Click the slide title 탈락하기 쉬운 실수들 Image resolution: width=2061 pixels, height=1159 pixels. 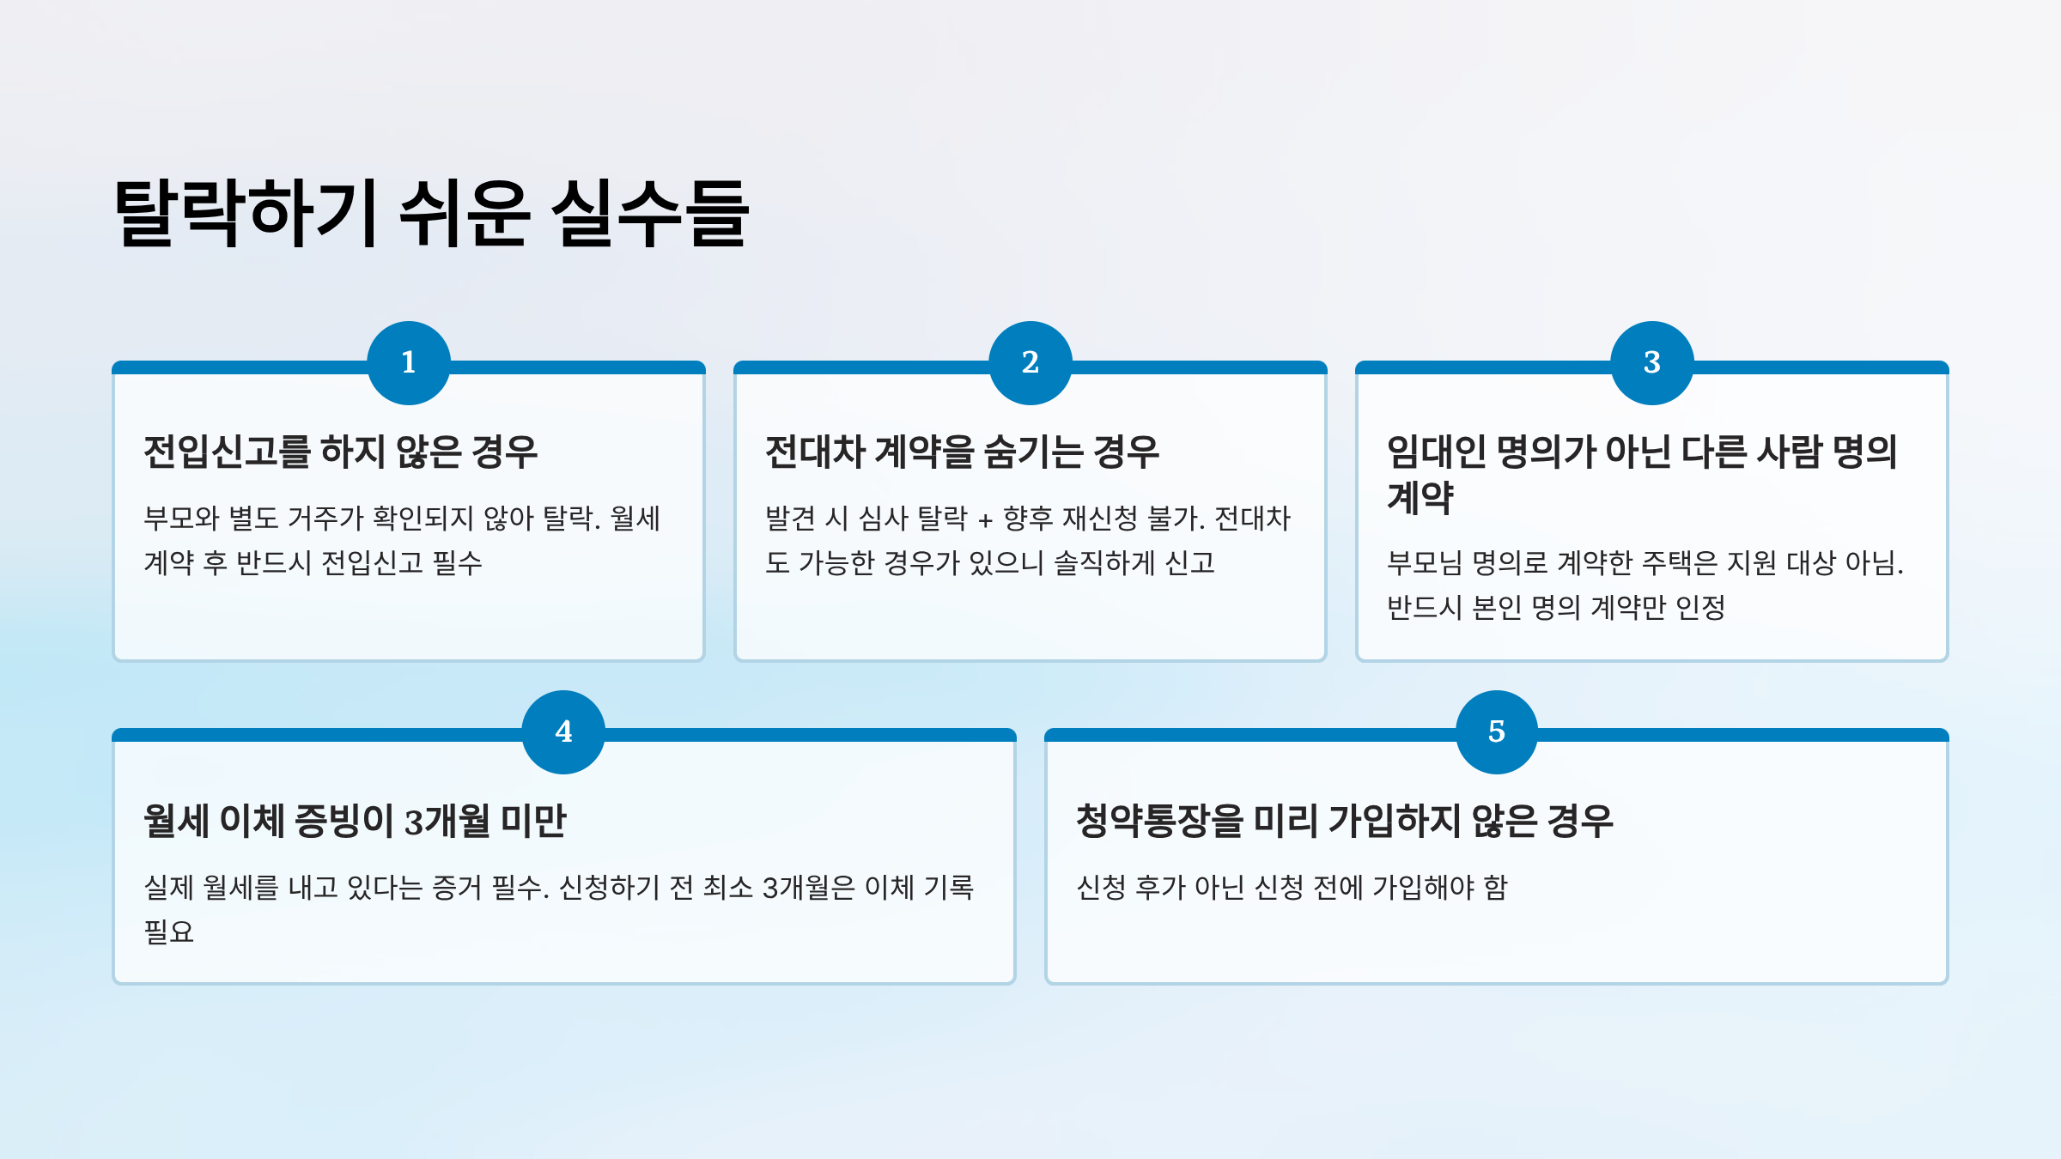coord(432,213)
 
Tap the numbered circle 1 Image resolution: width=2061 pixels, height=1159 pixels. coord(409,362)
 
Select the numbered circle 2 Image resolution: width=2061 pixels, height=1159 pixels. coord(1030,362)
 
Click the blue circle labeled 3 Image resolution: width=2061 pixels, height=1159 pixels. coord(1651,362)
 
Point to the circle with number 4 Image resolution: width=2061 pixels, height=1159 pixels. coord(563,731)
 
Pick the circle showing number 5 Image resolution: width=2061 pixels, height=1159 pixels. coord(1496,731)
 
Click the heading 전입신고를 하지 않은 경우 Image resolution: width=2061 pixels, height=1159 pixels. coord(340,452)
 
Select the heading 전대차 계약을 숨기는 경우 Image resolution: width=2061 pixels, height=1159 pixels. coord(962,452)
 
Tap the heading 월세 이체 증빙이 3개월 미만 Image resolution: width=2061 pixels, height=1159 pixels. coord(355,821)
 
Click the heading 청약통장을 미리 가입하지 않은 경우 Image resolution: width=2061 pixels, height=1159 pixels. coord(1344,821)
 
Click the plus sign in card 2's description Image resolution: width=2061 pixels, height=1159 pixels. coord(985,519)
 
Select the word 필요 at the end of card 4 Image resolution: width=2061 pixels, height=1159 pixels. coord(169,931)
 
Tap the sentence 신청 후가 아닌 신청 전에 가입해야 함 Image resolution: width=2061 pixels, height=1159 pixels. coord(1292,887)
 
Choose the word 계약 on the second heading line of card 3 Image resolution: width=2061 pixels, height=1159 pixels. coord(1420,498)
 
